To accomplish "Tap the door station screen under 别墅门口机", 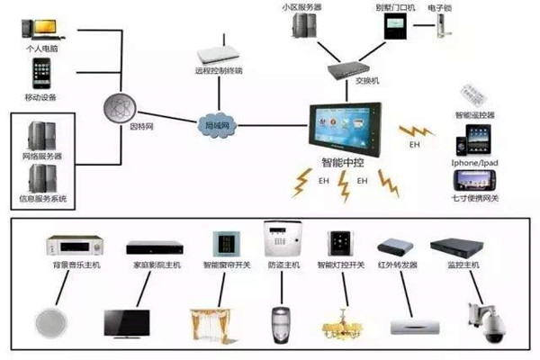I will click(395, 31).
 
